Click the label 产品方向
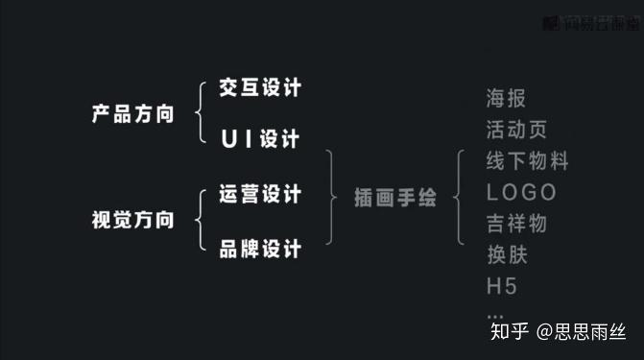pos(132,114)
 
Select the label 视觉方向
pos(132,220)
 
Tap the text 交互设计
pos(260,88)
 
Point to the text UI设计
pos(260,138)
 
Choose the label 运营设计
pos(260,194)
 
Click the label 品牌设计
pos(260,249)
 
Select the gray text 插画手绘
pos(395,199)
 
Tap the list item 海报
pos(507,98)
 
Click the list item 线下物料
pos(527,161)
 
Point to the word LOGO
pos(521,192)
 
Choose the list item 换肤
pos(507,254)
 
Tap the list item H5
pos(502,286)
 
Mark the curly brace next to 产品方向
pos(200,114)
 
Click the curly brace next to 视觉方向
pos(200,221)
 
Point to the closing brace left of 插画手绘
pos(331,199)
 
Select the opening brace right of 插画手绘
pos(462,199)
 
